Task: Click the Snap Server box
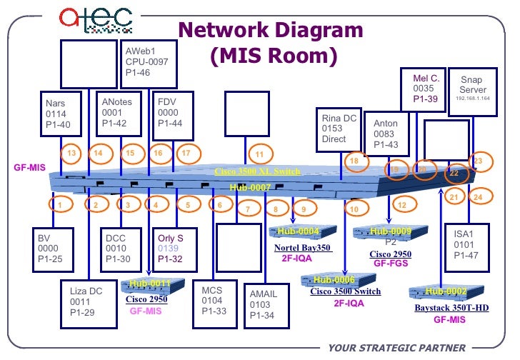pos(472,90)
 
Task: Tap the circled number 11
pos(259,154)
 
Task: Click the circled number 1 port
pos(61,205)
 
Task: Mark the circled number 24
pos(478,197)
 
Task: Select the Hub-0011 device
pos(151,284)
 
